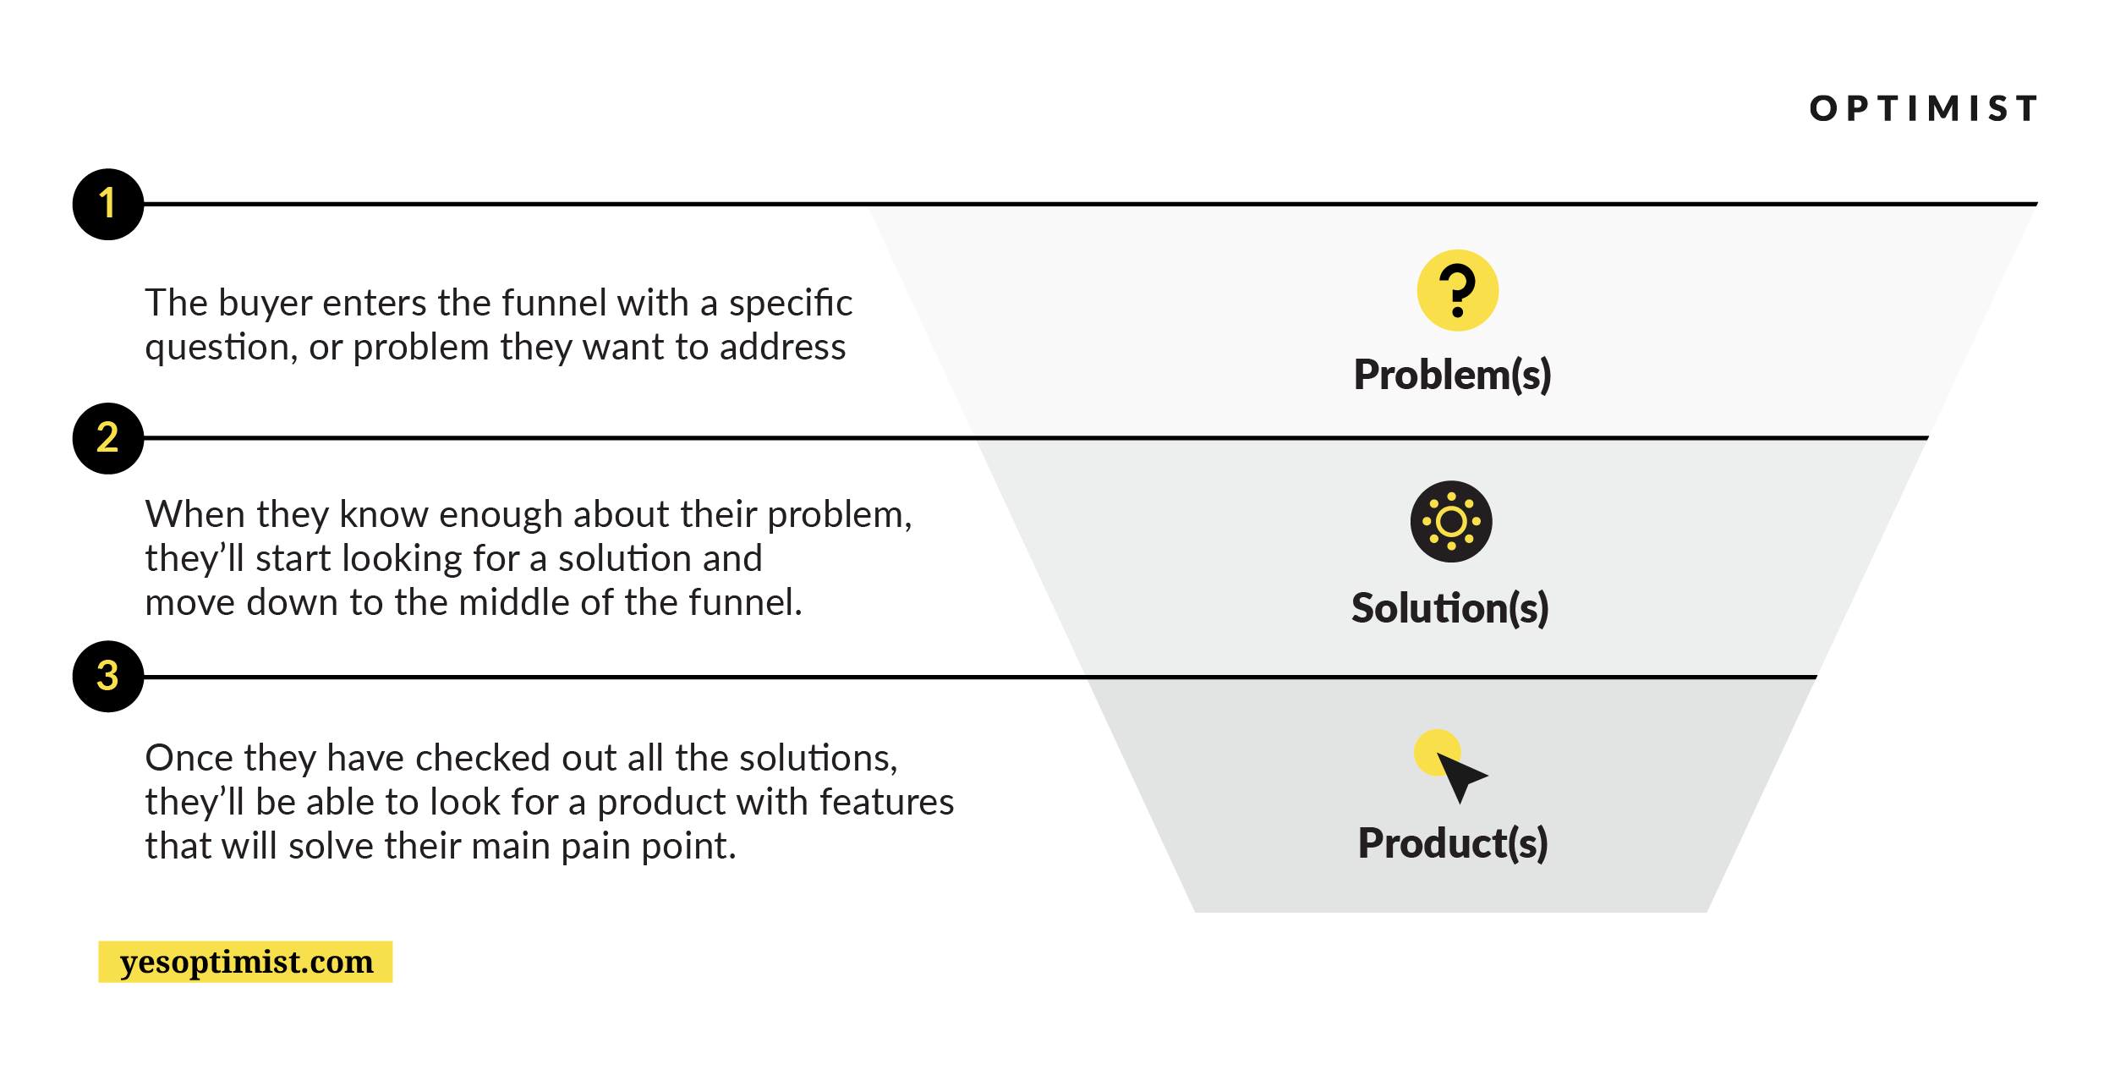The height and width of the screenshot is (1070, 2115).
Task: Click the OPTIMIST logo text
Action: pos(1923,108)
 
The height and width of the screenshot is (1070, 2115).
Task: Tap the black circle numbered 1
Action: pos(108,204)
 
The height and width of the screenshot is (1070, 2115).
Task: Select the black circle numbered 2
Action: pos(108,438)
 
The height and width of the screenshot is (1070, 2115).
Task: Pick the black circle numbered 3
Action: pos(108,677)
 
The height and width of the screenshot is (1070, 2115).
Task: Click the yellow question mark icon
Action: pos(1458,290)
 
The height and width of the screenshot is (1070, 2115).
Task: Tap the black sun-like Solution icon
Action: pos(1451,522)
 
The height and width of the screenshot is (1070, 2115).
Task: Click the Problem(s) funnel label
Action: pos(1453,375)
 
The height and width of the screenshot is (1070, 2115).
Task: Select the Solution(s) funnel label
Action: pos(1450,608)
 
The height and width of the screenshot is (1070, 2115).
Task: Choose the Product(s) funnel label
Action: pos(1453,843)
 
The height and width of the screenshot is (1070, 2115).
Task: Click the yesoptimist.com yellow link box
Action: pos(245,962)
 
